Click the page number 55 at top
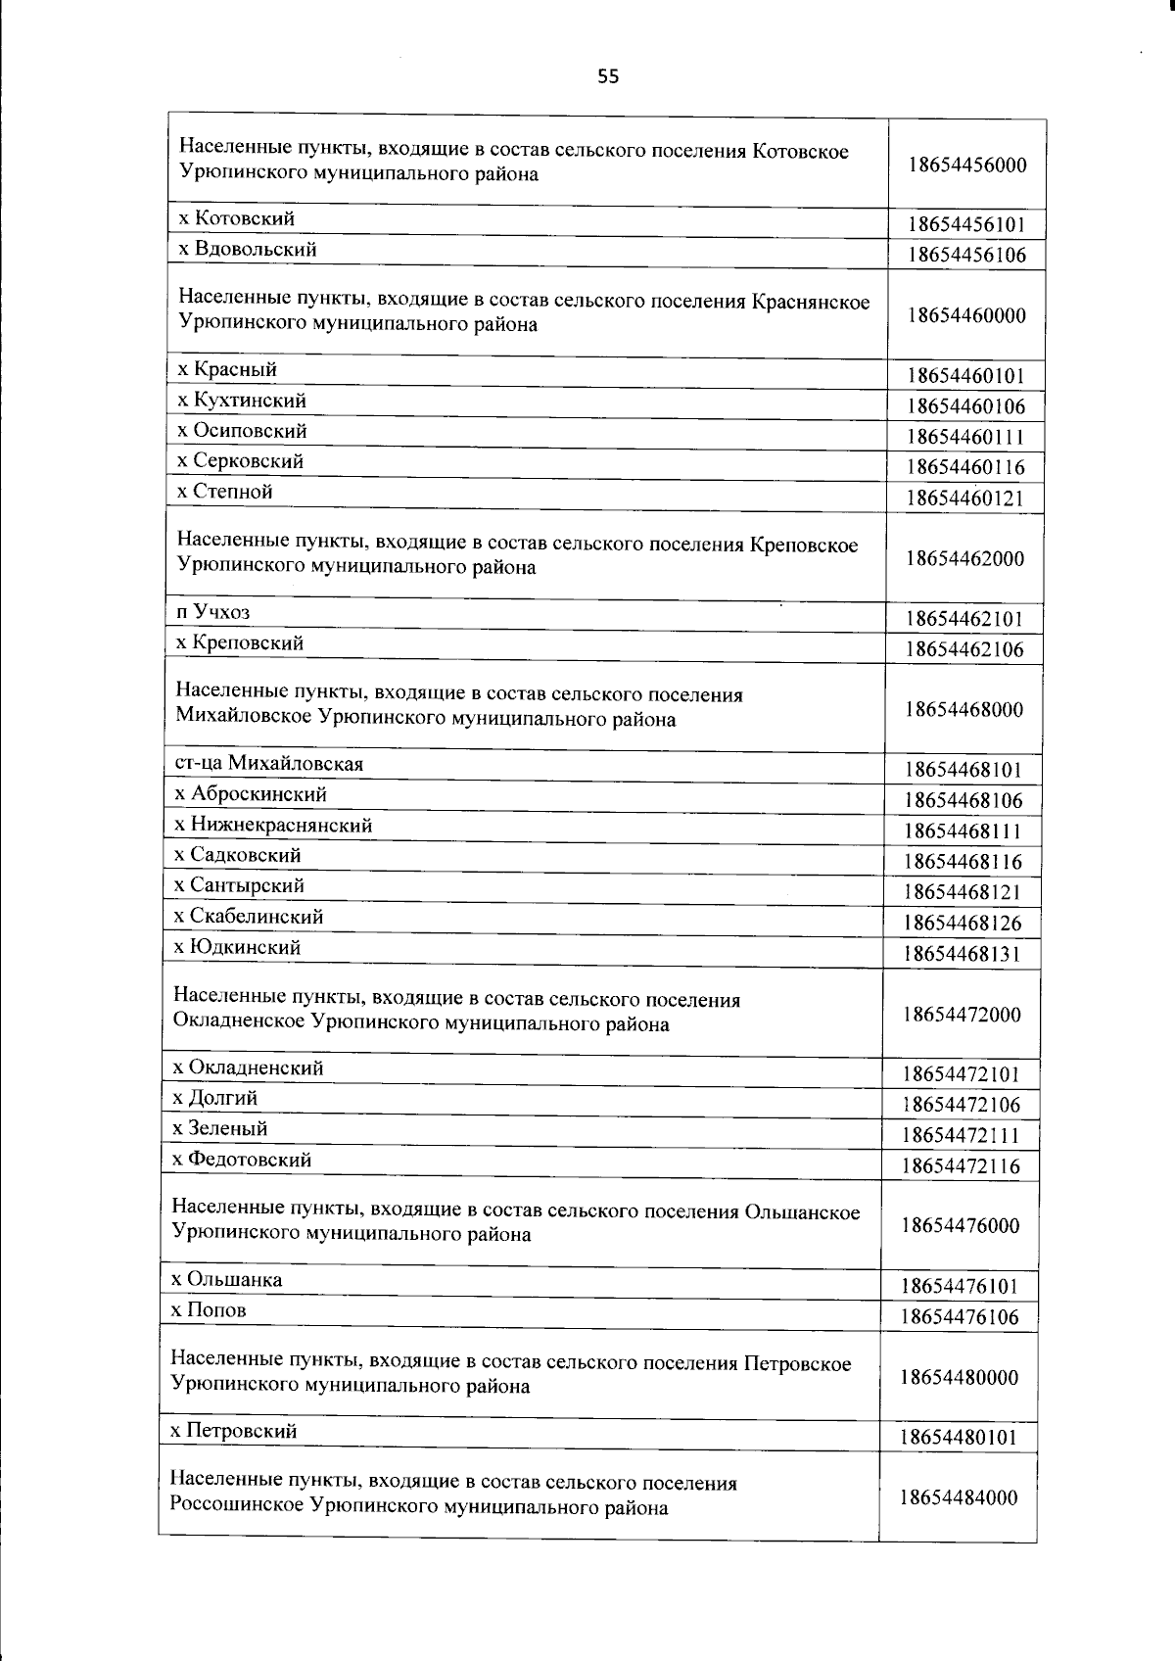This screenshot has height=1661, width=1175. [x=608, y=77]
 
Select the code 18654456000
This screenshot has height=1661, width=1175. [x=967, y=165]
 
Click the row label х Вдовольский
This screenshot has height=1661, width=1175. [x=247, y=250]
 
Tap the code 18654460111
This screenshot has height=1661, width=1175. [x=965, y=437]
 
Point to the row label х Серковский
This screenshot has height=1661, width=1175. [x=241, y=461]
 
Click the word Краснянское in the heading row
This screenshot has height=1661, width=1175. [x=811, y=301]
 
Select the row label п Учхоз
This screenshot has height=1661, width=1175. [x=213, y=612]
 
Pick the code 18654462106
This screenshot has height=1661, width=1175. [x=964, y=649]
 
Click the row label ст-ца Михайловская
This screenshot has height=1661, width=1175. [x=269, y=764]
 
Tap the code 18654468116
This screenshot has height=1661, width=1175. [x=963, y=862]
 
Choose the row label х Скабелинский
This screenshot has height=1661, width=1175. [x=249, y=917]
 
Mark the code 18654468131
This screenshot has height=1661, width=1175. [x=963, y=953]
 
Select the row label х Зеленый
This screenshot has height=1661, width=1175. [x=220, y=1129]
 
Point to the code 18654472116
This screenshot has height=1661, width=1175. [x=962, y=1165]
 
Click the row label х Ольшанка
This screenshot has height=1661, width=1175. [x=227, y=1280]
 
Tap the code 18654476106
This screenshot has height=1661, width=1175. [x=961, y=1316]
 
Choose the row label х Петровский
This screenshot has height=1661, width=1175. [x=234, y=1431]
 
